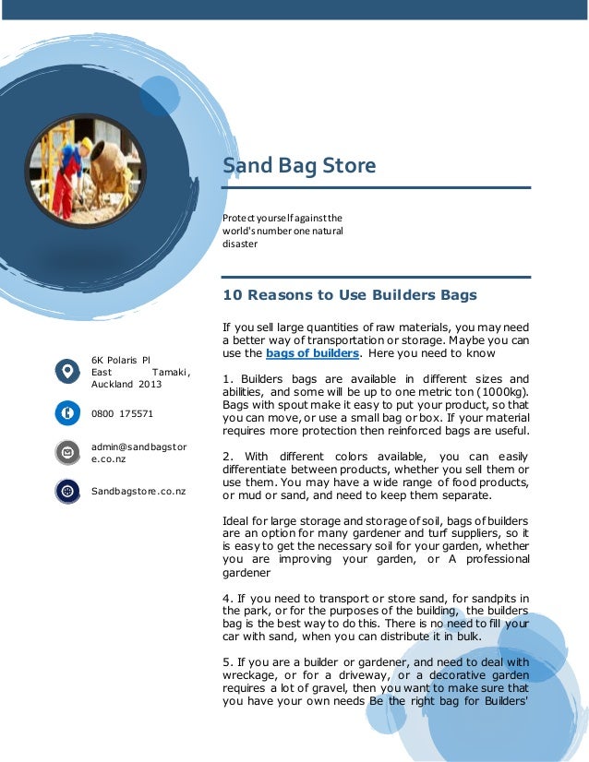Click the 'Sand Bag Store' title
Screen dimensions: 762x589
[299, 166]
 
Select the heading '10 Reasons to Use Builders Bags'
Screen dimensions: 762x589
[350, 296]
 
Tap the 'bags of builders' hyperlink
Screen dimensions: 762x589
[312, 353]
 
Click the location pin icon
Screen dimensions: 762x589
[67, 371]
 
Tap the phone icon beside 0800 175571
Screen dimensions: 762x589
[67, 412]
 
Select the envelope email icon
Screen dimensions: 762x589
[67, 452]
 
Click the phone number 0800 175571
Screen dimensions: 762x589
[122, 413]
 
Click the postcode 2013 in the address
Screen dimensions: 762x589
[150, 384]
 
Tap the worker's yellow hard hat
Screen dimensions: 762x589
[86, 144]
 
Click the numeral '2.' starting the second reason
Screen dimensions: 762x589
[228, 456]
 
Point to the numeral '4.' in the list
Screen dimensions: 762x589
[228, 600]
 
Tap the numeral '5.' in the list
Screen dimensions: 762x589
[228, 661]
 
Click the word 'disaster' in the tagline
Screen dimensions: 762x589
[240, 244]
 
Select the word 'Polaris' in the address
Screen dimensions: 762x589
[126, 359]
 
